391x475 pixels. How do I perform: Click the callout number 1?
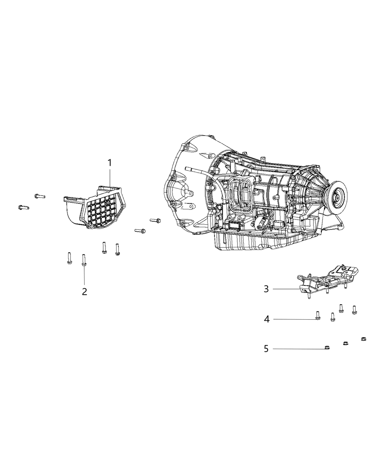pos(110,163)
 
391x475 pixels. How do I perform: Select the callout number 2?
pos(85,291)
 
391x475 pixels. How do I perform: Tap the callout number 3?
pos(266,289)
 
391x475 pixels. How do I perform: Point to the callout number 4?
pos(267,319)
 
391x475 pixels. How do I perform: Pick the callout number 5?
pos(266,349)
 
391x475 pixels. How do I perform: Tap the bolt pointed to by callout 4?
pos(317,316)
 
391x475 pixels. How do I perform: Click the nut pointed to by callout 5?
pos(326,348)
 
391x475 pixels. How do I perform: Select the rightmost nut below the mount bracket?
pos(363,339)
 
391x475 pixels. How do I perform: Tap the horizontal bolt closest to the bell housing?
pos(155,221)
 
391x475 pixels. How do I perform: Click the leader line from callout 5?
pos(298,349)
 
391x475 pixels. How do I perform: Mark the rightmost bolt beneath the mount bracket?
pos(355,309)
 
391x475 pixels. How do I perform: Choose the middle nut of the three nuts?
pos(346,343)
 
